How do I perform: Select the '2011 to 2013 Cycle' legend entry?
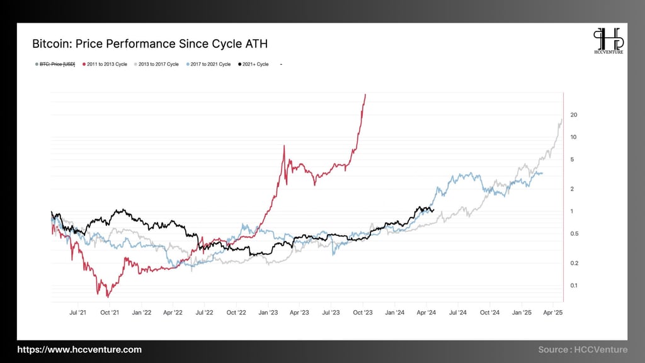pos(105,64)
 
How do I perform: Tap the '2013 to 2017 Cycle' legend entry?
pos(157,64)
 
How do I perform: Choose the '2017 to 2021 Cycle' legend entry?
pos(208,64)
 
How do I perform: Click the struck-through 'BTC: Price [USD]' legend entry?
pos(55,64)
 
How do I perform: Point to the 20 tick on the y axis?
pos(573,115)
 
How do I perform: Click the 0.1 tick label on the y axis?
pos(573,286)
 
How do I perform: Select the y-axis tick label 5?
pos(572,160)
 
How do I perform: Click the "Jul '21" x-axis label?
pos(77,312)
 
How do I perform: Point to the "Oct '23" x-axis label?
pos(363,312)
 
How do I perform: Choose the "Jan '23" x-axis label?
pos(268,312)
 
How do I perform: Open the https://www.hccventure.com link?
pos(79,350)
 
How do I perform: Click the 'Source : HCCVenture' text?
pos(583,350)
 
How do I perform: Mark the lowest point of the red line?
pos(108,296)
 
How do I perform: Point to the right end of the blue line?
pos(542,174)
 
